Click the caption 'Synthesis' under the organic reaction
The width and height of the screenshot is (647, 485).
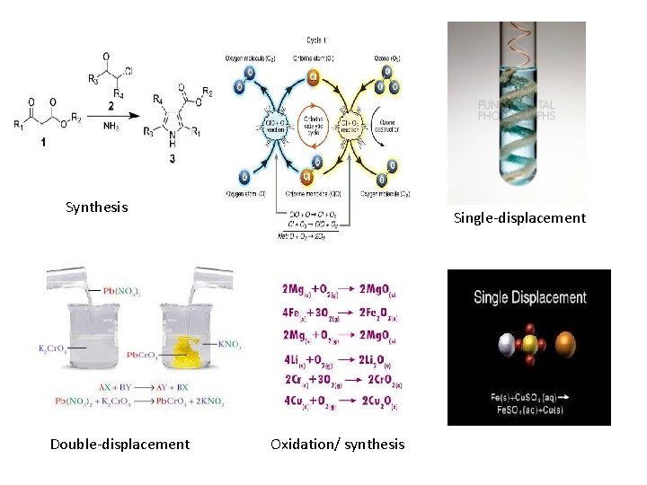pos(96,207)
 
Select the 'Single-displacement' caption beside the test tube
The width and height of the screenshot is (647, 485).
pos(519,218)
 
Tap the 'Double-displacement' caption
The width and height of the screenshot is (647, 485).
pos(120,444)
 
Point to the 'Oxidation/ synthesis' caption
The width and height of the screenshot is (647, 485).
pos(337,444)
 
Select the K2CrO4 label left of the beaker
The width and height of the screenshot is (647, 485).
pos(56,348)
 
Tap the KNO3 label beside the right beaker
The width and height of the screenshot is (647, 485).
pos(230,342)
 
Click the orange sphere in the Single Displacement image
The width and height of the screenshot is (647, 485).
pos(566,345)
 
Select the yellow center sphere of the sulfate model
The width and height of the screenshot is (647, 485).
pos(529,345)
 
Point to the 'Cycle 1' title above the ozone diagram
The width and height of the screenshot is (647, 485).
pos(315,40)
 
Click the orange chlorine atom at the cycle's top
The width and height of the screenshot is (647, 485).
pos(314,76)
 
